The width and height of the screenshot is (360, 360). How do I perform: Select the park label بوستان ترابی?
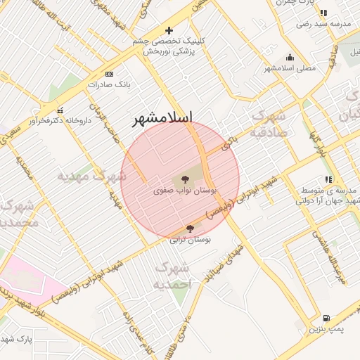tap(191, 239)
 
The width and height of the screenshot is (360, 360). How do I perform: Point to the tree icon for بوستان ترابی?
tap(190, 229)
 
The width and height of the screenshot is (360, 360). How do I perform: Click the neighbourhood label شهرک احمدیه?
tap(172, 276)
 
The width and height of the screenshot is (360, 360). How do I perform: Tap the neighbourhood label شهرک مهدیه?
tap(91, 175)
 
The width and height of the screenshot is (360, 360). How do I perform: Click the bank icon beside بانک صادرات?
tap(108, 74)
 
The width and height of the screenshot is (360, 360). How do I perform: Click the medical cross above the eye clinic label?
tap(169, 31)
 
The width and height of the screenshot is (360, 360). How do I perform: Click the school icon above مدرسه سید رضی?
tap(323, 13)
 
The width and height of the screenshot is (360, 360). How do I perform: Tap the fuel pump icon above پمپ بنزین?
tap(327, 318)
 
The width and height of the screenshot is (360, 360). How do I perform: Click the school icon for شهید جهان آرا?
tap(328, 180)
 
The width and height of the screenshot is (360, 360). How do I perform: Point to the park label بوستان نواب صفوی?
tap(186, 191)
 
